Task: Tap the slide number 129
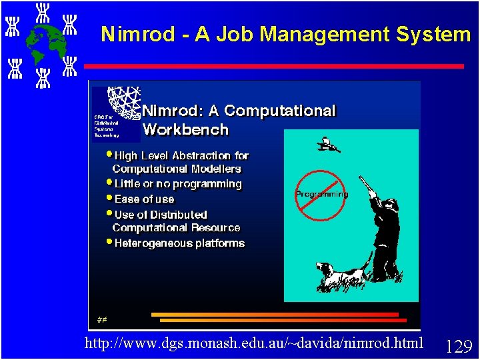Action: pyautogui.click(x=459, y=346)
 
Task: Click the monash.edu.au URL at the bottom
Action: pyautogui.click(x=254, y=343)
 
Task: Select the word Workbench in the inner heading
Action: pyautogui.click(x=185, y=129)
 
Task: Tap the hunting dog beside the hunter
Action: pyautogui.click(x=341, y=273)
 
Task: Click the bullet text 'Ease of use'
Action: pyautogui.click(x=144, y=199)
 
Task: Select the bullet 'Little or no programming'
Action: pyautogui.click(x=177, y=183)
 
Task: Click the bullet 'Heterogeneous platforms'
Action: pyautogui.click(x=179, y=243)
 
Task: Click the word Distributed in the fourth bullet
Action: pyautogui.click(x=179, y=215)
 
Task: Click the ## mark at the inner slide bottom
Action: pyautogui.click(x=101, y=319)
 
